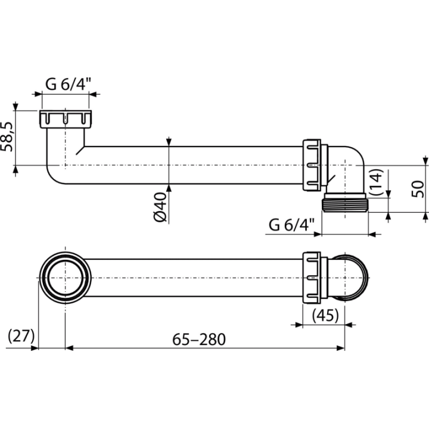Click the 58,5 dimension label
tap(7, 136)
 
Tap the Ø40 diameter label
tap(160, 207)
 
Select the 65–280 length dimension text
tap(199, 339)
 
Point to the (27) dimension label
tap(21, 335)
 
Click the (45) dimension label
tap(325, 315)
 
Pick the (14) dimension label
tap(377, 182)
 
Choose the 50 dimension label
tap(418, 189)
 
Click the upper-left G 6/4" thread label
tap(68, 84)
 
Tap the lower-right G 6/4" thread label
tap(291, 225)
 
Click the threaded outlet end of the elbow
tap(345, 203)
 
